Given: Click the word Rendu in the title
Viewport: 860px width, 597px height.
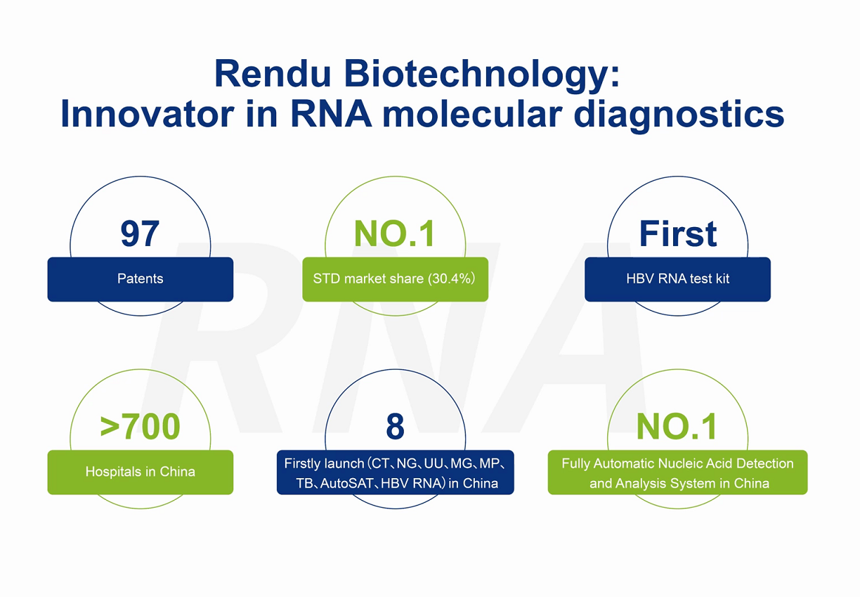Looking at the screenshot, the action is point(273,73).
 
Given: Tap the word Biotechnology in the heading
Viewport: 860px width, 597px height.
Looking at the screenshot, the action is point(482,76).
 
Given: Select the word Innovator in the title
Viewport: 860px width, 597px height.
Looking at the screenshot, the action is point(148,114).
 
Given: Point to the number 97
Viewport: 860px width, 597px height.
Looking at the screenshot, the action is point(140,233).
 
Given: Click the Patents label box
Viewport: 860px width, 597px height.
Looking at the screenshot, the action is point(140,279).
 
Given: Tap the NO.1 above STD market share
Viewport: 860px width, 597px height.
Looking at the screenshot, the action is point(394,233).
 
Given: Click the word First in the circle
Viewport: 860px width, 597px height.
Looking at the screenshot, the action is point(677,233).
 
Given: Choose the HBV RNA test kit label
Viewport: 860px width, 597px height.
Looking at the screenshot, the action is point(677,279).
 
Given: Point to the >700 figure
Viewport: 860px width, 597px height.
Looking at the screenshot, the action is point(140,426).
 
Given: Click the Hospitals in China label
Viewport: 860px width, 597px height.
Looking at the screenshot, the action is point(140,472).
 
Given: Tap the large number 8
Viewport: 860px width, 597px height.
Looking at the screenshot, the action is point(395,426).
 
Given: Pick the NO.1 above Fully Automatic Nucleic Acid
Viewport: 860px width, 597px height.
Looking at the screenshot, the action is point(677,426).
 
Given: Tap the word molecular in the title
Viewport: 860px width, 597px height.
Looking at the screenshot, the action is point(472,114).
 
